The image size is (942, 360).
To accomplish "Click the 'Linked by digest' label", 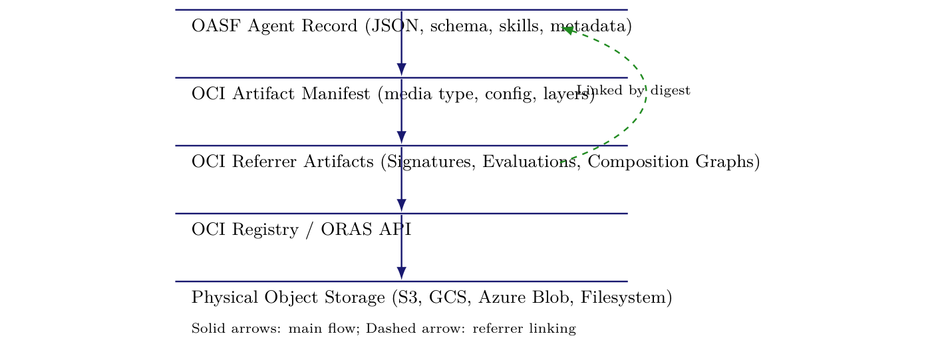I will coord(633,90).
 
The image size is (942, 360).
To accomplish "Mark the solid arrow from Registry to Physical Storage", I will coord(401,256).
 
